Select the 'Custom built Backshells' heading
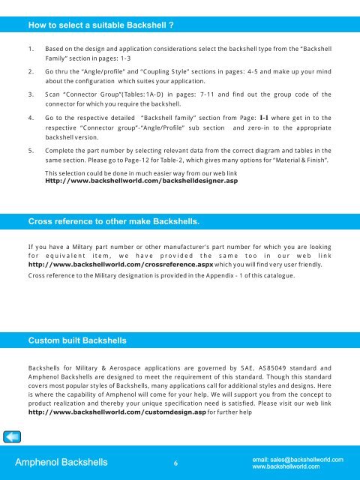click(77, 341)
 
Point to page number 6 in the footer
click(174, 463)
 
